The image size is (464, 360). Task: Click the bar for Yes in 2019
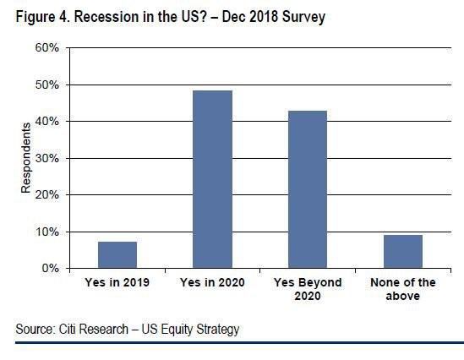[117, 254]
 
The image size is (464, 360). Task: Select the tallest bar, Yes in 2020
[212, 179]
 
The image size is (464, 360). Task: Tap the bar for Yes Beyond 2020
[308, 189]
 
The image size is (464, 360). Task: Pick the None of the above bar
[403, 252]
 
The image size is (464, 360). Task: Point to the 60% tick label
[47, 47]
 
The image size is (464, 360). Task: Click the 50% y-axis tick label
[47, 85]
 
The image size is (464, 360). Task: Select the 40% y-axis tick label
[47, 122]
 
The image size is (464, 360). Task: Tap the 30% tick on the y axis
[47, 158]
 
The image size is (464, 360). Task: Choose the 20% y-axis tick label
[47, 194]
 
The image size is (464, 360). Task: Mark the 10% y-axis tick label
[47, 232]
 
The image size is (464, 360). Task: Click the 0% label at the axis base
[51, 268]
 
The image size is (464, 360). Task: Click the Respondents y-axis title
[26, 158]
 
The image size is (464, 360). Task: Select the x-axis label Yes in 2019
[117, 282]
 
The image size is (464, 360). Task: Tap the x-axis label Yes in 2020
[212, 282]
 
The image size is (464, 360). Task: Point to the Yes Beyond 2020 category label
[308, 289]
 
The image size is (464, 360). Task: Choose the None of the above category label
[403, 289]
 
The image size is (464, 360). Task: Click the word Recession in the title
[106, 17]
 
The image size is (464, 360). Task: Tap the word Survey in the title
[304, 17]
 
